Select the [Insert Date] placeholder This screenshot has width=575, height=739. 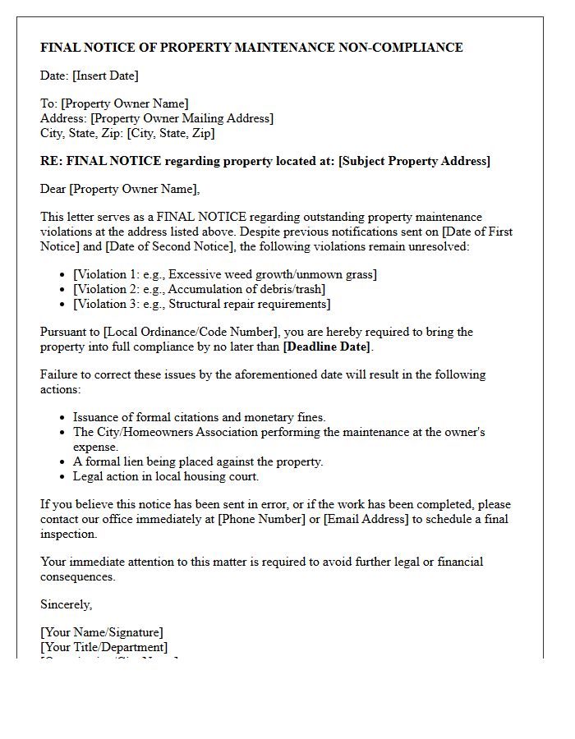(x=105, y=76)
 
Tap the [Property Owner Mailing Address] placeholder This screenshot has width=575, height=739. (x=182, y=118)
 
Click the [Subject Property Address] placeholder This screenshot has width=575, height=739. (x=414, y=161)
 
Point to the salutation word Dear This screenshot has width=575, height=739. (x=53, y=189)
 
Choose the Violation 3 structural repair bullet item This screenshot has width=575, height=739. (x=202, y=304)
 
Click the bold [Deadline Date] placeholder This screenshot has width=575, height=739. (x=327, y=347)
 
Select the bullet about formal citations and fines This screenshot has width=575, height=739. (x=200, y=417)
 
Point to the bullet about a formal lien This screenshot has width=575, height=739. (x=198, y=461)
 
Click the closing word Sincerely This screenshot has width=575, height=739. (x=67, y=604)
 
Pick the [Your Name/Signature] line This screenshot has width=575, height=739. (x=102, y=632)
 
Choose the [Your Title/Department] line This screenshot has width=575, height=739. (x=104, y=647)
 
